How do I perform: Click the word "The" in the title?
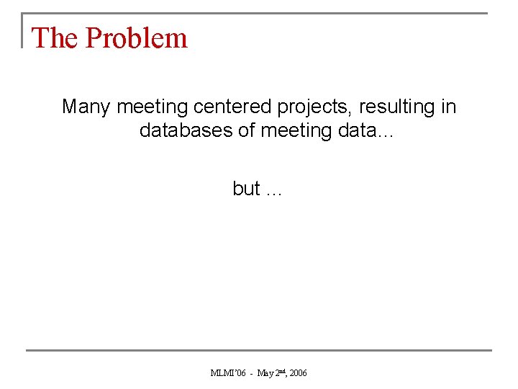(55, 38)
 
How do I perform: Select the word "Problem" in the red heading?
(136, 38)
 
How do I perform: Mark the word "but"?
(246, 189)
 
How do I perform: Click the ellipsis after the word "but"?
(274, 192)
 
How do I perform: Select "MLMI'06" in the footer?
(227, 373)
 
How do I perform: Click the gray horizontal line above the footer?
(259, 351)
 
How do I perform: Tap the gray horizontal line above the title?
(259, 14)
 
